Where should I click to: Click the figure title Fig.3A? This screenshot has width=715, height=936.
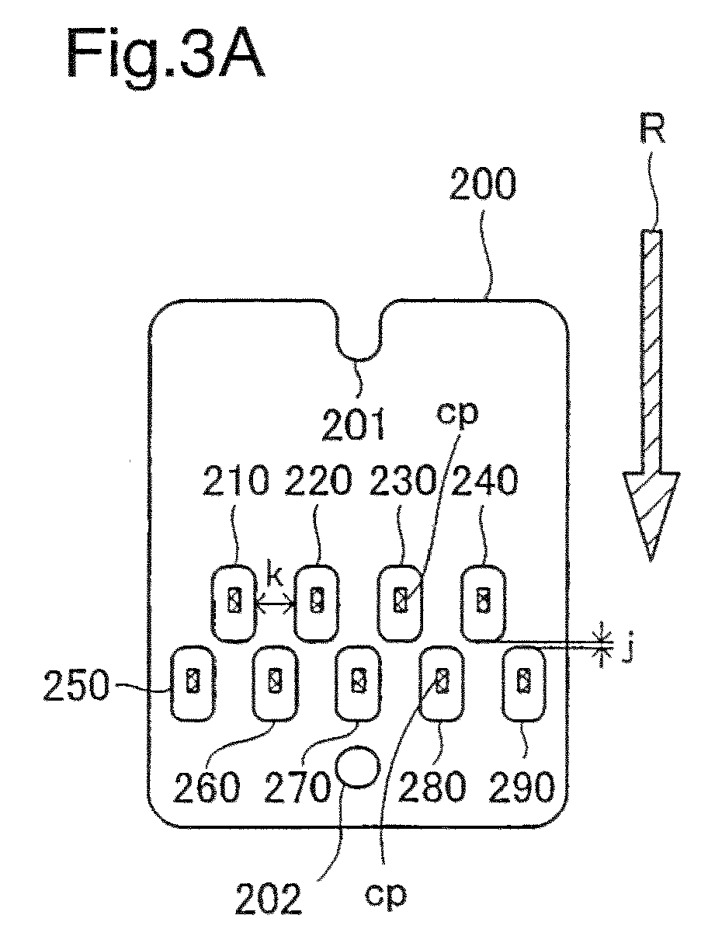click(165, 55)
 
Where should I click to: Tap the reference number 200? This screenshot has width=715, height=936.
click(483, 183)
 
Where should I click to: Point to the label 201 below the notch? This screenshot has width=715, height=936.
click(354, 424)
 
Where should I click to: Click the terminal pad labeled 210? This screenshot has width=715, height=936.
click(234, 604)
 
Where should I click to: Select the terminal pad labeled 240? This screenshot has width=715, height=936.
click(484, 604)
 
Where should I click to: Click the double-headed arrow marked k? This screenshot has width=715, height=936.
click(276, 604)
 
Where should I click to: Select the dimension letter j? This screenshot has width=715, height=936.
click(626, 652)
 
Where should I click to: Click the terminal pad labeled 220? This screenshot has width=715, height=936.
click(317, 604)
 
